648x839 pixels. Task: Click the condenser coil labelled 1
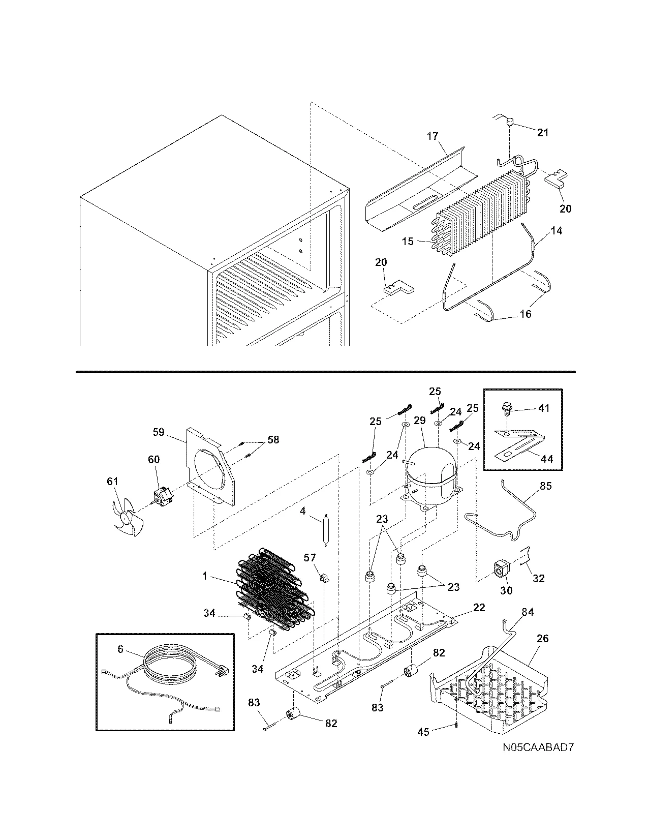274,585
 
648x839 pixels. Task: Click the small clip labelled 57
322,578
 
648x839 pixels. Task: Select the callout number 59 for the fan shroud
159,432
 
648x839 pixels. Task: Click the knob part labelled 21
510,122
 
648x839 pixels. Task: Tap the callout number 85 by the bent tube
545,486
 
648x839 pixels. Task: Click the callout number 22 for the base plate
479,607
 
